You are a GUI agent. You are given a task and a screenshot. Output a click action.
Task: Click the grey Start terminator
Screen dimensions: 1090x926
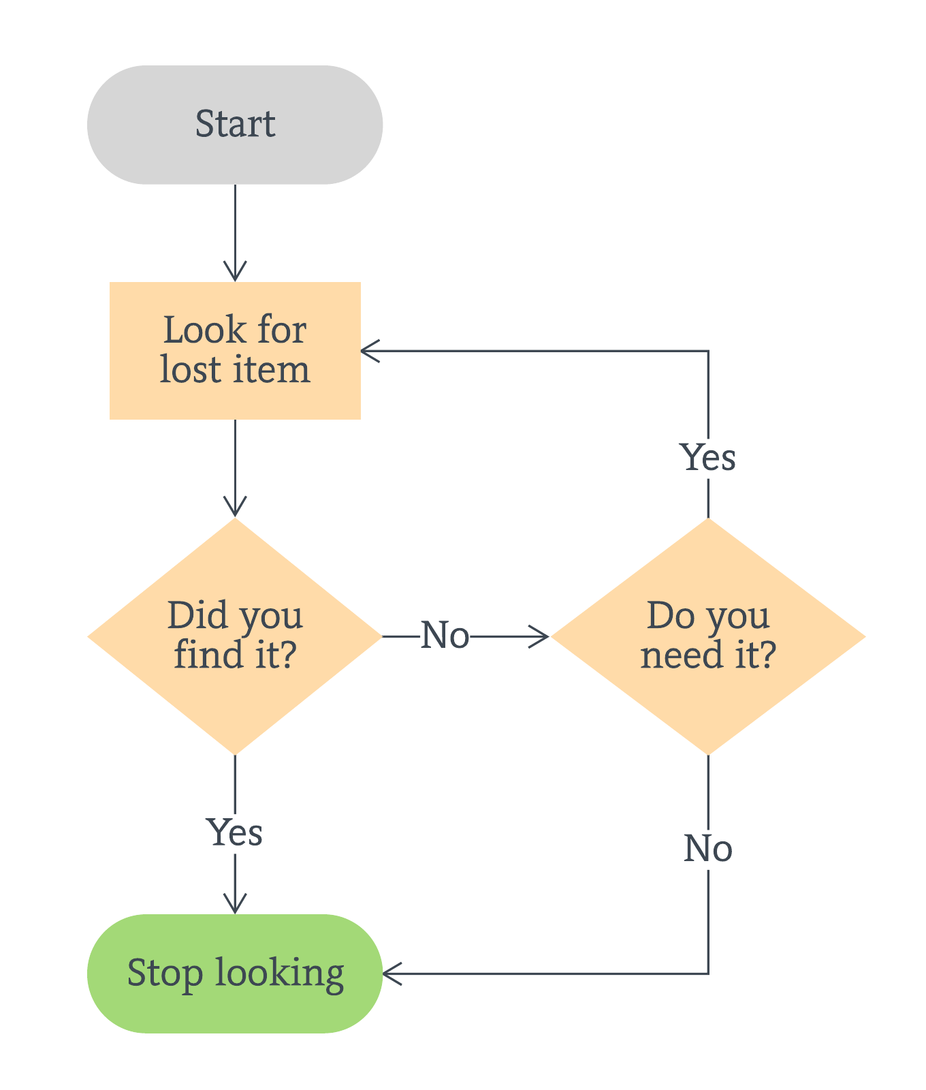tap(235, 125)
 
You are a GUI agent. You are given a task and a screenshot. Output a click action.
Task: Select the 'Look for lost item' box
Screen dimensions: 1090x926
tap(235, 350)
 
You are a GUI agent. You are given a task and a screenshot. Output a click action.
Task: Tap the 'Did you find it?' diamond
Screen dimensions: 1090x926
tap(235, 636)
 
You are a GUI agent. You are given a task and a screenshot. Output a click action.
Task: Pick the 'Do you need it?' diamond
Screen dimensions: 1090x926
tap(708, 636)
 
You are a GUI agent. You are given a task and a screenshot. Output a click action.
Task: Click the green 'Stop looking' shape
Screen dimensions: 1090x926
tap(235, 974)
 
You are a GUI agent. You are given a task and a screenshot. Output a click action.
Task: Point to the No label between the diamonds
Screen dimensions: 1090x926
tap(445, 636)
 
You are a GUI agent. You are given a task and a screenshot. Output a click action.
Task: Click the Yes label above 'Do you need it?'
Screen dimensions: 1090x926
tap(708, 458)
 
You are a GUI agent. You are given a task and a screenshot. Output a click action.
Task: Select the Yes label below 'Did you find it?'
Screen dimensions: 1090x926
tap(235, 832)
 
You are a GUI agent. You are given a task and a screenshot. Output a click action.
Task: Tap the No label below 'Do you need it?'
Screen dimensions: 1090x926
tap(708, 849)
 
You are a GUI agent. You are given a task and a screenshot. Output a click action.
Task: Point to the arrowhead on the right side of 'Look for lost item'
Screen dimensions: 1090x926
tap(369, 351)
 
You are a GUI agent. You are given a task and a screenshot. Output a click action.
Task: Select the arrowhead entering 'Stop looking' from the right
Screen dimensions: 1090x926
tap(392, 974)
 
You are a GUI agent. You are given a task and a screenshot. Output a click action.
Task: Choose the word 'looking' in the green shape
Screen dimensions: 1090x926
tap(279, 974)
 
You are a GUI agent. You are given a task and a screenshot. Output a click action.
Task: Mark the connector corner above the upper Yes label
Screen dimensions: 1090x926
tap(708, 351)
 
